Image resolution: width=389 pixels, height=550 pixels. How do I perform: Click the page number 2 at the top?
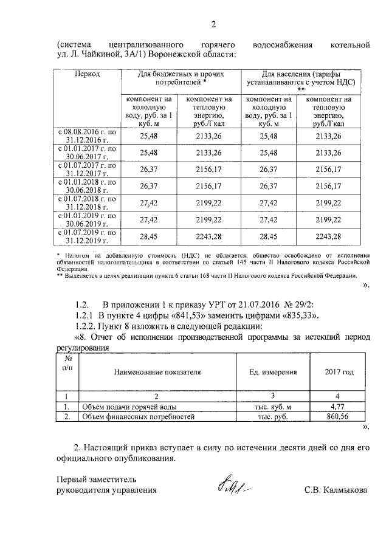(x=213, y=25)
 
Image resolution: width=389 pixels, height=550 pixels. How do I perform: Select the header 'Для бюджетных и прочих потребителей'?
(x=181, y=78)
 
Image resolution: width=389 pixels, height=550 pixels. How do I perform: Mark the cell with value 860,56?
(x=339, y=417)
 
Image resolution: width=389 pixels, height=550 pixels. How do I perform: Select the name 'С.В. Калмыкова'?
(x=336, y=489)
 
